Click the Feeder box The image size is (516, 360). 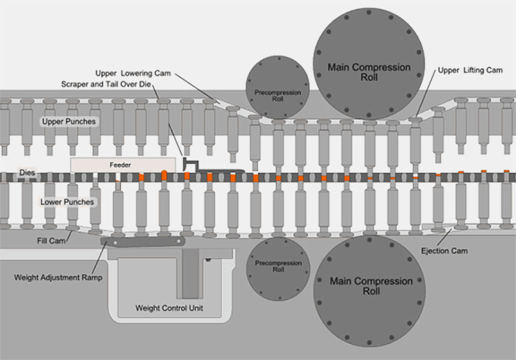(120, 165)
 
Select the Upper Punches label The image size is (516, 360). (69, 122)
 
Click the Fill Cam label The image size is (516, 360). (52, 240)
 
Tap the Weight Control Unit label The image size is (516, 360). (169, 307)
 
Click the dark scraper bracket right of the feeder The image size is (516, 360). (192, 164)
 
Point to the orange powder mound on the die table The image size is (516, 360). (165, 171)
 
